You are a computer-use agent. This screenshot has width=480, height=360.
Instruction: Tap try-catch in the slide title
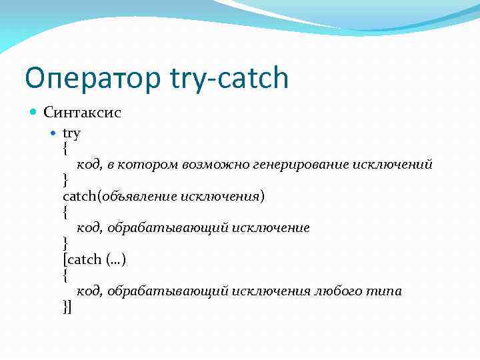click(x=230, y=79)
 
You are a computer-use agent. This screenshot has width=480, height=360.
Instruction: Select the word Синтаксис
click(x=82, y=112)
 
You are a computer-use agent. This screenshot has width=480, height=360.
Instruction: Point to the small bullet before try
click(x=55, y=133)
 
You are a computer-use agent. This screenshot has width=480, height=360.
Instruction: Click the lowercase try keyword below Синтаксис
click(x=71, y=133)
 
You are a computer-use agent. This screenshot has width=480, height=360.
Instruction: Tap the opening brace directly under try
click(x=65, y=148)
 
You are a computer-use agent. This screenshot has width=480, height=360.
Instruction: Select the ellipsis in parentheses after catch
click(x=115, y=259)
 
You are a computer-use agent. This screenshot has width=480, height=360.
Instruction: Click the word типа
click(x=385, y=291)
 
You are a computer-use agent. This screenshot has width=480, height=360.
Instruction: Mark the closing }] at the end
click(x=67, y=307)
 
